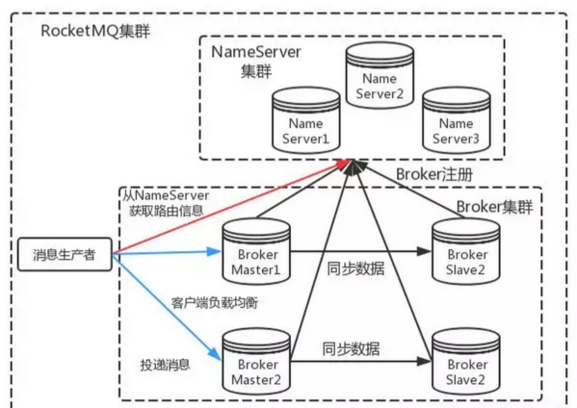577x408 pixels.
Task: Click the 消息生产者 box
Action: pyautogui.click(x=65, y=255)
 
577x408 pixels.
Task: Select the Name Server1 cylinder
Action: pyautogui.click(x=305, y=120)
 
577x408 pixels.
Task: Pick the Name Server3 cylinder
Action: pyautogui.click(x=457, y=120)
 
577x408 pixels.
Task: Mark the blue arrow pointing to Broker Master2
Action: pyautogui.click(x=164, y=307)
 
